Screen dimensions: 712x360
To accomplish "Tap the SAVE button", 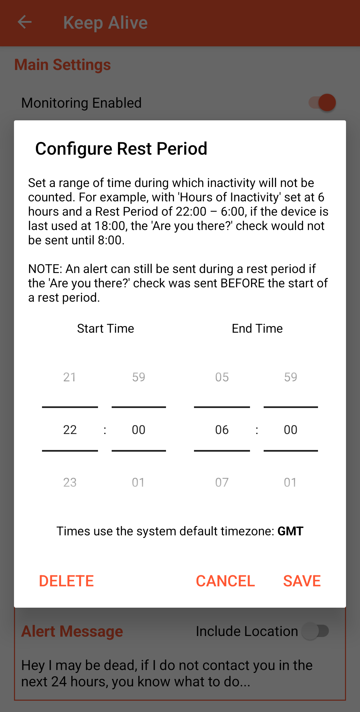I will click(x=302, y=581).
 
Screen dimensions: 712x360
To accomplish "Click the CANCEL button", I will click(x=225, y=581).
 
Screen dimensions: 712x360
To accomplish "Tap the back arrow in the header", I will click(x=25, y=22).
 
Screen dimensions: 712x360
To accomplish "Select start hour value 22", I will click(x=70, y=430).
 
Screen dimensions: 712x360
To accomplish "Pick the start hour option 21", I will click(x=70, y=377).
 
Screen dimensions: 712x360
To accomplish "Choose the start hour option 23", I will click(x=70, y=482).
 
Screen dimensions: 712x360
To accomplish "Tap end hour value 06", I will click(x=222, y=430).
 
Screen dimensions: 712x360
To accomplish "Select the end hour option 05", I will click(x=222, y=377).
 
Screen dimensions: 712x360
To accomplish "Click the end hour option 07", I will click(x=222, y=482).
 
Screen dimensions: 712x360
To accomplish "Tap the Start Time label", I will click(x=106, y=328).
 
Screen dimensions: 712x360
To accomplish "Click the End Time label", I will click(x=257, y=328).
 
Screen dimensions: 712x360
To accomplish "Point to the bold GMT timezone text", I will click(x=290, y=531).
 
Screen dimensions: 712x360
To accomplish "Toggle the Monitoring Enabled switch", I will click(x=322, y=103).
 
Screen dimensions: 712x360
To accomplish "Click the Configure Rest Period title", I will click(x=121, y=149).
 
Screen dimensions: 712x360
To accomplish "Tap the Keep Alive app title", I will click(x=105, y=23).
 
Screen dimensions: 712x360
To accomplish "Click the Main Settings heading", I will click(x=63, y=65).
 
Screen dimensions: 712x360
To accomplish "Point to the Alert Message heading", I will click(x=72, y=631).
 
